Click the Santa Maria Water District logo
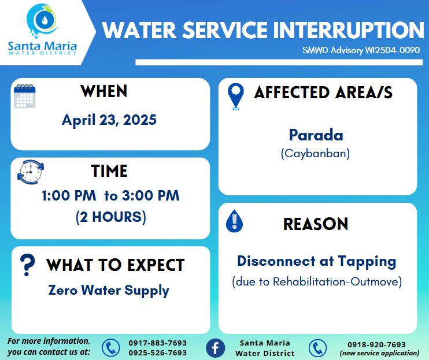[42, 29]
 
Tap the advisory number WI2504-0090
[393, 50]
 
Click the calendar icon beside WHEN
[25, 96]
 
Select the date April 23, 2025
[109, 120]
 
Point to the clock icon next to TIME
[31, 172]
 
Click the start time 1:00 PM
[69, 196]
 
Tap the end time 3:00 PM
[150, 196]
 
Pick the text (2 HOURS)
[111, 217]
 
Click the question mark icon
[27, 265]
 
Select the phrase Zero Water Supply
[109, 291]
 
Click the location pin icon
[235, 97]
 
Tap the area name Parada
[316, 135]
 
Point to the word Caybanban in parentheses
[316, 153]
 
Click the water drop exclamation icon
[235, 221]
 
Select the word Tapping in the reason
[367, 262]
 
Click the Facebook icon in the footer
[215, 348]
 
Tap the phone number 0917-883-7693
[158, 343]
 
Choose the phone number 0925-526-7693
[158, 353]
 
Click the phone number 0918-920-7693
[376, 344]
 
